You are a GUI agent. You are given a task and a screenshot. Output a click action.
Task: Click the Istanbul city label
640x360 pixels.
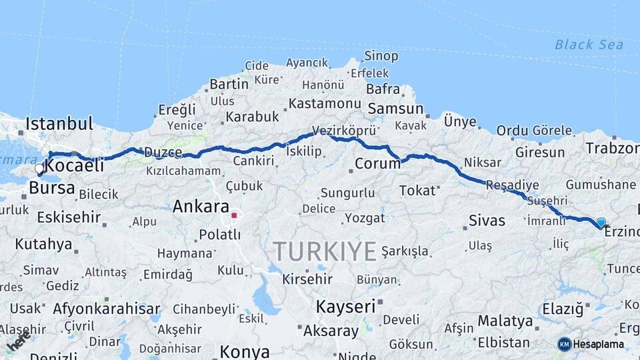pyautogui.click(x=59, y=123)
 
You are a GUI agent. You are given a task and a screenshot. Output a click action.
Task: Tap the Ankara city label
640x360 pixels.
pyautogui.click(x=201, y=207)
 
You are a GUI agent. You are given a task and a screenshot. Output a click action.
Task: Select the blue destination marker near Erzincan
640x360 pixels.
pyautogui.click(x=601, y=223)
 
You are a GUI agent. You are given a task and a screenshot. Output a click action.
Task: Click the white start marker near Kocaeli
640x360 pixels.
pyautogui.click(x=39, y=169)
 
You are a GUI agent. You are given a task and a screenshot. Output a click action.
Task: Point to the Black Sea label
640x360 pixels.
pyautogui.click(x=589, y=45)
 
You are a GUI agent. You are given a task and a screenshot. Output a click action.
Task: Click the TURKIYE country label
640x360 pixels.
pyautogui.click(x=325, y=251)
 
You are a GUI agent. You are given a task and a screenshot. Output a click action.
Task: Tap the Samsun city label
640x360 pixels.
pyautogui.click(x=395, y=109)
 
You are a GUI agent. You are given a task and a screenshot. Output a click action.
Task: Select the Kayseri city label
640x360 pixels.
pyautogui.click(x=346, y=307)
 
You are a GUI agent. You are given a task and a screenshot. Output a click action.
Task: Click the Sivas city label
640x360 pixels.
pyautogui.click(x=487, y=221)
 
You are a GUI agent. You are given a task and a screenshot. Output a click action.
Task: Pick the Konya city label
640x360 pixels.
pyautogui.click(x=245, y=351)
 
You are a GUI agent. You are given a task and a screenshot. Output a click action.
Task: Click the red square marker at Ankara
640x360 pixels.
pyautogui.click(x=234, y=215)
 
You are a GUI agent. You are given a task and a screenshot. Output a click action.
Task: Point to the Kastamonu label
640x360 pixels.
pyautogui.click(x=325, y=104)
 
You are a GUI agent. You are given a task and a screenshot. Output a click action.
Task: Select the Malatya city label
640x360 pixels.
pyautogui.click(x=505, y=321)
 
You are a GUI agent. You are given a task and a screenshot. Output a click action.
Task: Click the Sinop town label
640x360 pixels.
pyautogui.click(x=381, y=56)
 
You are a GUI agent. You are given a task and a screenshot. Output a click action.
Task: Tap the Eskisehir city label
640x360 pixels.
pyautogui.click(x=69, y=217)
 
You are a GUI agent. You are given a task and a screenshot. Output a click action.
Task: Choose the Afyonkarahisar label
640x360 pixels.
pyautogui.click(x=107, y=309)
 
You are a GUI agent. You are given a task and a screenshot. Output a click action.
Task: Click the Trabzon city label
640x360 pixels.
pyautogui.click(x=612, y=148)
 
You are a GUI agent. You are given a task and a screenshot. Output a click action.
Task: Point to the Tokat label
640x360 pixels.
pyautogui.click(x=417, y=191)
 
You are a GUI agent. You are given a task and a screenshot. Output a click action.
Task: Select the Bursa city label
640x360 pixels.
pyautogui.click(x=51, y=188)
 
